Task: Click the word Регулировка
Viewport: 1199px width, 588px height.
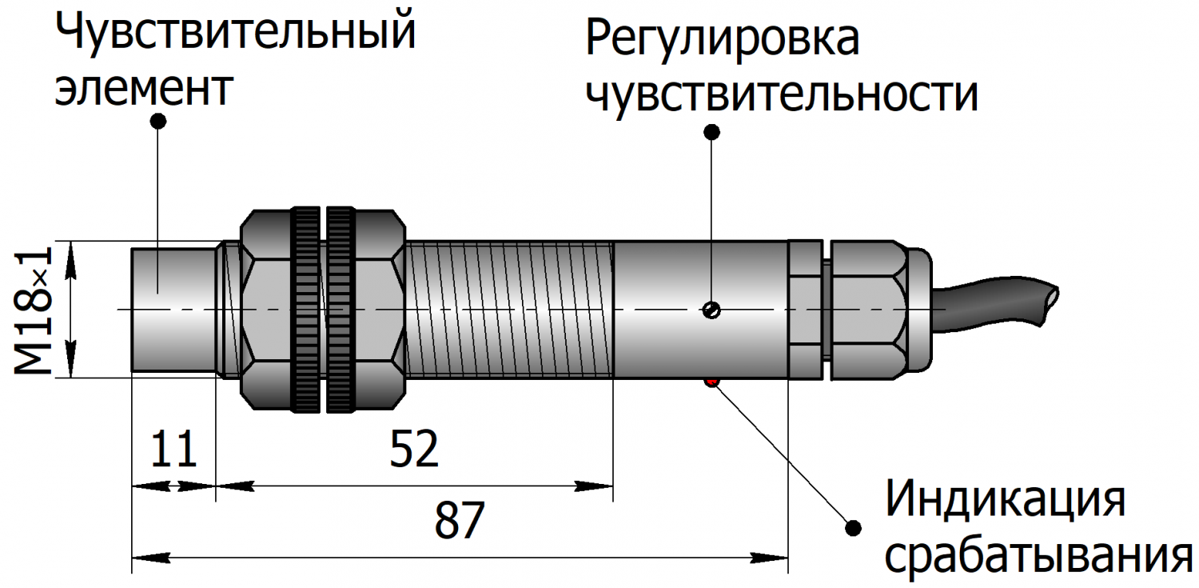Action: point(723,39)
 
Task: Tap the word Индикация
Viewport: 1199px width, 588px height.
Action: point(1006,499)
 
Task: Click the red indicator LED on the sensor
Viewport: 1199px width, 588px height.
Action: point(711,382)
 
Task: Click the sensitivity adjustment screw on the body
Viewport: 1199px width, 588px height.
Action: point(711,310)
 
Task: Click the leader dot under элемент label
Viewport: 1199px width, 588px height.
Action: point(158,121)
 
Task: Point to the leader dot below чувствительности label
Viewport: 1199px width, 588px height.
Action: point(711,130)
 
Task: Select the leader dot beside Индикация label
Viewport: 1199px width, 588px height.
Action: point(853,527)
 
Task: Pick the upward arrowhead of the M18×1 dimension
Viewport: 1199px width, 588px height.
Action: point(70,254)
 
